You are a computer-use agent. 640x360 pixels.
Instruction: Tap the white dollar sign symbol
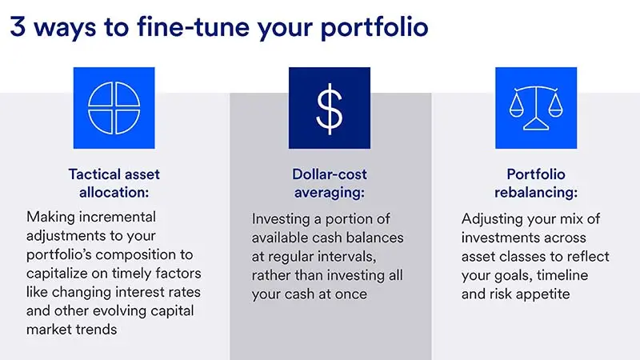[329, 107]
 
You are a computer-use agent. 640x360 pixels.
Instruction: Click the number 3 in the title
[18, 26]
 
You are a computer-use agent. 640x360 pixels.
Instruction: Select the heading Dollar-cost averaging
[329, 182]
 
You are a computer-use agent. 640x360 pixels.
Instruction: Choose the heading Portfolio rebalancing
[535, 182]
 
